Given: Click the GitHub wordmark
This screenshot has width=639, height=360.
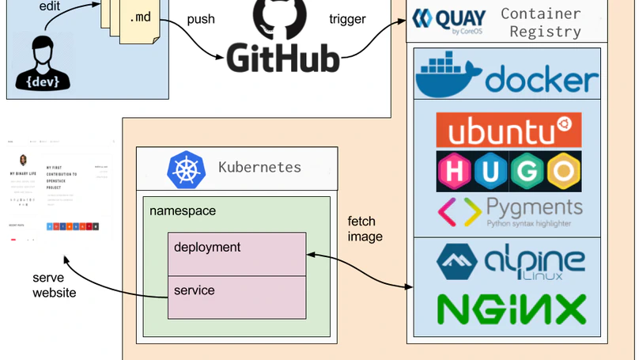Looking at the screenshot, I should (x=283, y=58).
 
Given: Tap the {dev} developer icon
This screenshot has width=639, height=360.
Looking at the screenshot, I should (x=43, y=63).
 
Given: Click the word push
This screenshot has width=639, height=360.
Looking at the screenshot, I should (x=201, y=18).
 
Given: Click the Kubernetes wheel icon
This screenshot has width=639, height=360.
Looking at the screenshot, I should (x=186, y=169).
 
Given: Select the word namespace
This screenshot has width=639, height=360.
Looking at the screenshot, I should (x=183, y=211).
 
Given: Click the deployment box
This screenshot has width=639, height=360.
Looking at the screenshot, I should (x=236, y=254).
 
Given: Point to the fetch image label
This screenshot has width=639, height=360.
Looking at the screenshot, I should (x=365, y=229).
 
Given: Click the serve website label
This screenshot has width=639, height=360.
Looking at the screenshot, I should (x=55, y=285).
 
